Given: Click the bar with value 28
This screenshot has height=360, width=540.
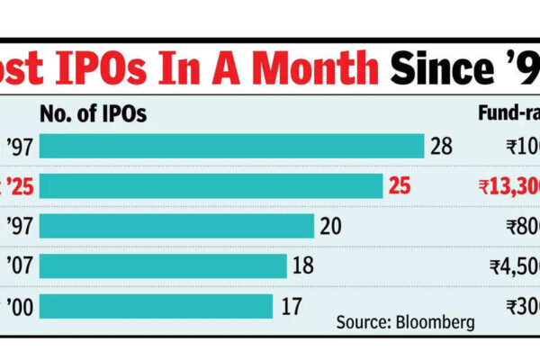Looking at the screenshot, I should (x=231, y=146).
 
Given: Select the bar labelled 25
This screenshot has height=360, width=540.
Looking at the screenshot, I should (x=211, y=186).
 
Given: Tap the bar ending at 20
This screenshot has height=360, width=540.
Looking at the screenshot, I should (x=176, y=226).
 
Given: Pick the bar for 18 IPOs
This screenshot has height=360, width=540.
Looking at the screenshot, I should (x=163, y=266).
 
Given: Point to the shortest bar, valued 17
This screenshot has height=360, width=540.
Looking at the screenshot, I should (x=156, y=306).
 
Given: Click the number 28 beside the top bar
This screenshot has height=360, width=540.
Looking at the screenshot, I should (x=441, y=146).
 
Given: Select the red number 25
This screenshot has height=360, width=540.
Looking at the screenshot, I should (x=400, y=186).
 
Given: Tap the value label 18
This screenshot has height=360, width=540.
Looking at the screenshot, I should (x=304, y=266).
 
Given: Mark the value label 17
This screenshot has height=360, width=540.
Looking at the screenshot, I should (x=291, y=306).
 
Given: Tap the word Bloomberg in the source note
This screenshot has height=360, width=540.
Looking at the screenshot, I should (x=437, y=322).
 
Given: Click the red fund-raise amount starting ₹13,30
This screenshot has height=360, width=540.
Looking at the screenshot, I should (x=508, y=186).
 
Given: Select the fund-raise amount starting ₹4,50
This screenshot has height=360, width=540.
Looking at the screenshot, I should (x=513, y=266).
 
